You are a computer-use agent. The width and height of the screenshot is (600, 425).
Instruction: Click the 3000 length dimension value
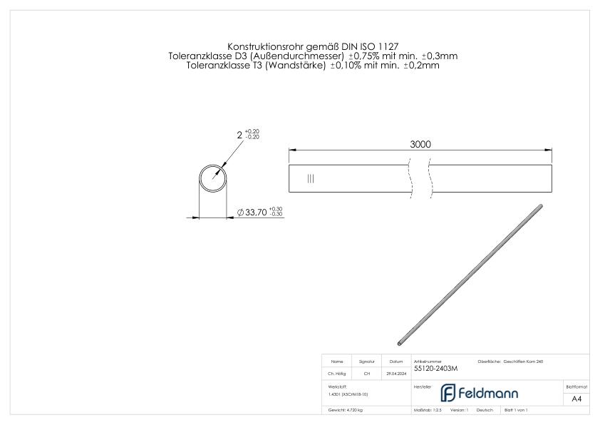pos(420,144)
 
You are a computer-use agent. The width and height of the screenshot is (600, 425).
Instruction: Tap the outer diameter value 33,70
pos(256,212)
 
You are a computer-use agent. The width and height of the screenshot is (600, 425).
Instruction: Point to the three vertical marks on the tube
pos(310,178)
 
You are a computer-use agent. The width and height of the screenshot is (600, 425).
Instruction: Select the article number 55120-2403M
pos(435,369)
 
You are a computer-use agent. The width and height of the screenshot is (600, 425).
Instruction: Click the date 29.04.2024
pos(396,373)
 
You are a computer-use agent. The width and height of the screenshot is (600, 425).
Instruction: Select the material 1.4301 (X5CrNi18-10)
pos(348,394)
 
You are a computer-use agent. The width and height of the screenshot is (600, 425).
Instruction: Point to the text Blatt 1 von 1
pos(515,411)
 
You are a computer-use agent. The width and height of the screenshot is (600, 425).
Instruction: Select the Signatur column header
pos(366,362)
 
